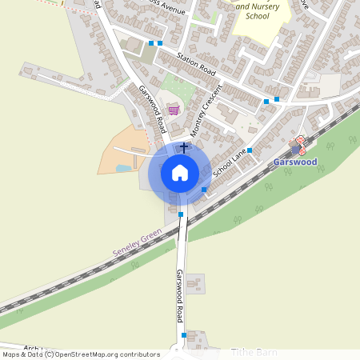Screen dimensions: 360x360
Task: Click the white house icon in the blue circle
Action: tap(180, 173)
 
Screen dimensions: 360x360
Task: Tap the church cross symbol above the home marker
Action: tap(185, 147)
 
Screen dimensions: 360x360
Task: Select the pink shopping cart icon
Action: tap(174, 110)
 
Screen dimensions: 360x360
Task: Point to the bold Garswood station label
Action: tap(295, 162)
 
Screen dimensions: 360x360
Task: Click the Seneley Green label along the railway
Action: tap(137, 242)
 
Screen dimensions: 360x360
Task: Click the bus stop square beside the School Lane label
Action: tap(250, 150)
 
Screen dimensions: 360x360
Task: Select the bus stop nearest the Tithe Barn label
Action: tap(184, 334)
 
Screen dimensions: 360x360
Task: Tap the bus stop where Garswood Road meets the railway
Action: tap(181, 214)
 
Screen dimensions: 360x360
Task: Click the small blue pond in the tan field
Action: tap(122, 169)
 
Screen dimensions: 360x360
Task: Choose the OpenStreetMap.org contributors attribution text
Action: tap(112, 354)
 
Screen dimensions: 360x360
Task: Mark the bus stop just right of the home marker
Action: tap(204, 189)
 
